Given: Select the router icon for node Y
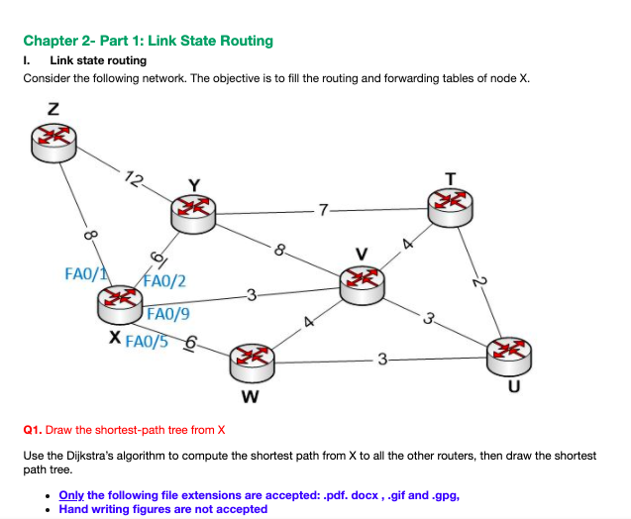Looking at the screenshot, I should click(x=193, y=210).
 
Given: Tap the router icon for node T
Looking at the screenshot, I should click(x=451, y=204).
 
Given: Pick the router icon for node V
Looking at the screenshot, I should click(x=360, y=284).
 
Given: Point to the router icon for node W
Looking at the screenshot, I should click(x=251, y=361).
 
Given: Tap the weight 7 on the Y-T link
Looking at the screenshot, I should click(x=322, y=209).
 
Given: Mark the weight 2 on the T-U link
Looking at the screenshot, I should click(x=478, y=282).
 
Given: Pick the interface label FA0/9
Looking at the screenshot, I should click(x=169, y=316).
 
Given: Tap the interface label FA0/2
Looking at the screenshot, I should click(x=165, y=281).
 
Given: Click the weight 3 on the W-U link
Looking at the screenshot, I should click(x=381, y=359).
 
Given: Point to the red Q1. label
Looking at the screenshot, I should click(x=35, y=430).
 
